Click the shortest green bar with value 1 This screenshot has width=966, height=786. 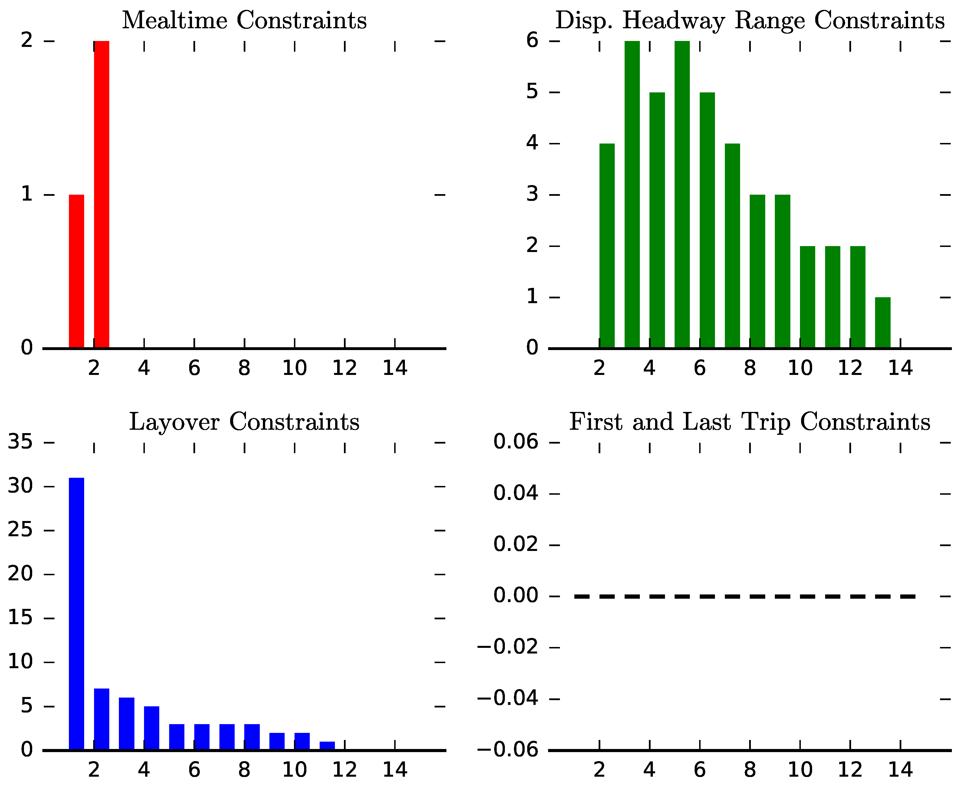(x=882, y=322)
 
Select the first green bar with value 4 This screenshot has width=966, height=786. (x=607, y=246)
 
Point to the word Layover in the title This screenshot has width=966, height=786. (x=174, y=422)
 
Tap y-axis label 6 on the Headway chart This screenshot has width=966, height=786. (x=533, y=41)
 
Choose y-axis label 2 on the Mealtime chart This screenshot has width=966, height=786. (x=27, y=41)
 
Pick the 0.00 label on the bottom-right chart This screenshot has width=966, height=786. (x=516, y=595)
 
